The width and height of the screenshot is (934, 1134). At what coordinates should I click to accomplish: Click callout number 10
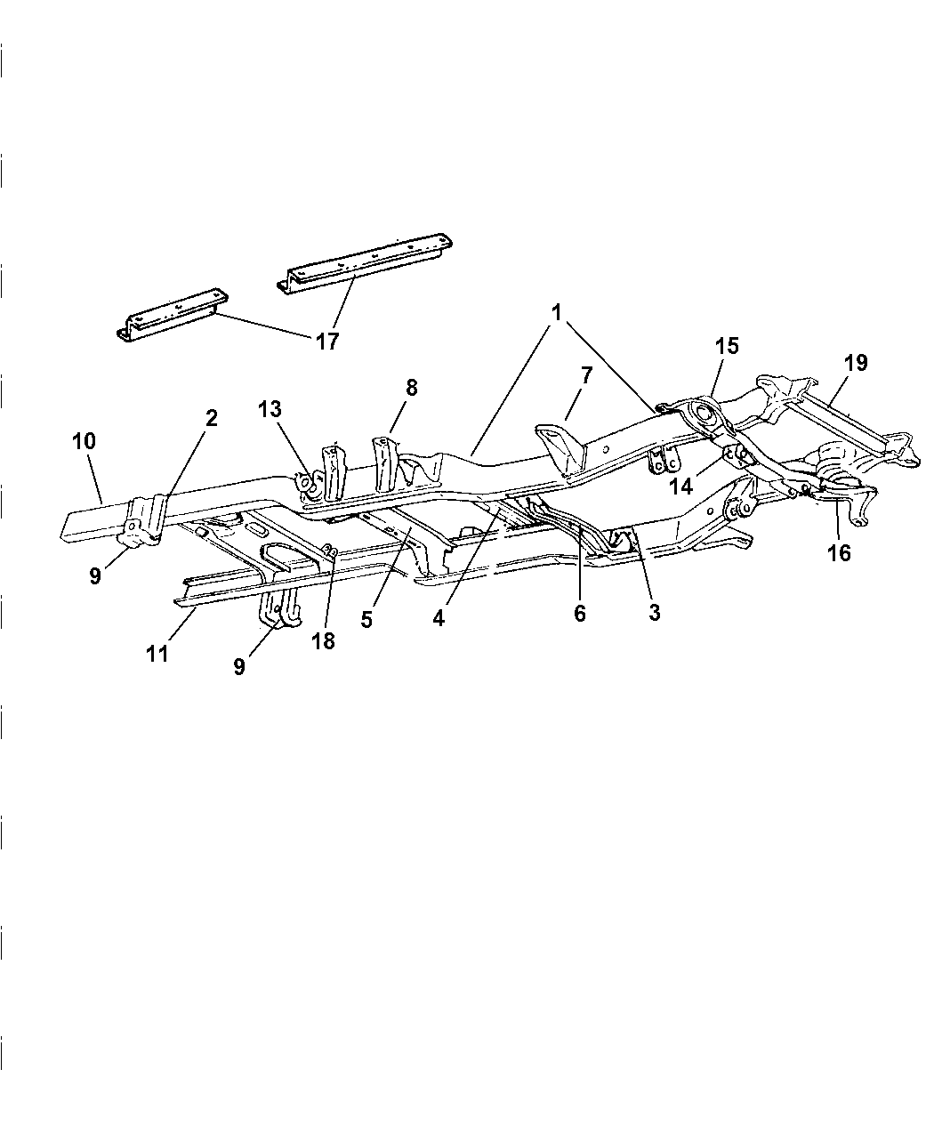(85, 441)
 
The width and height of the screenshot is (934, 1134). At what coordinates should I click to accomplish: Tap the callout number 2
(212, 418)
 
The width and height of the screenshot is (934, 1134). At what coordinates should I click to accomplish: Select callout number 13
(270, 409)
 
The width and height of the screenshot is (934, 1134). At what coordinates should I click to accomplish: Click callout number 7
(585, 375)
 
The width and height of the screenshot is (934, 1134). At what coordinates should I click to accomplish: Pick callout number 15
(727, 346)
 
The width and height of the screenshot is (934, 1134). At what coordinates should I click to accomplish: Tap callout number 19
(855, 363)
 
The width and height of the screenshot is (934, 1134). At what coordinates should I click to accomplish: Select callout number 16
(838, 553)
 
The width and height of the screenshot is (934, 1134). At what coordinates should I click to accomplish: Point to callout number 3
(654, 613)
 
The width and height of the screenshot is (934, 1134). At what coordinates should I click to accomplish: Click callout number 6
(579, 614)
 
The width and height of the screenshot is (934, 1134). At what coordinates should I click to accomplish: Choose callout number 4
(439, 618)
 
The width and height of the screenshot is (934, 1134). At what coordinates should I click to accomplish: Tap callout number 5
(366, 620)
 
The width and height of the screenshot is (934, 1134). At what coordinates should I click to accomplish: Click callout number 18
(323, 640)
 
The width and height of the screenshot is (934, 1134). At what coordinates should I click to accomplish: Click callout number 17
(326, 341)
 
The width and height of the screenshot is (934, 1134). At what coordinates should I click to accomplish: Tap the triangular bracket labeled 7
(559, 445)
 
